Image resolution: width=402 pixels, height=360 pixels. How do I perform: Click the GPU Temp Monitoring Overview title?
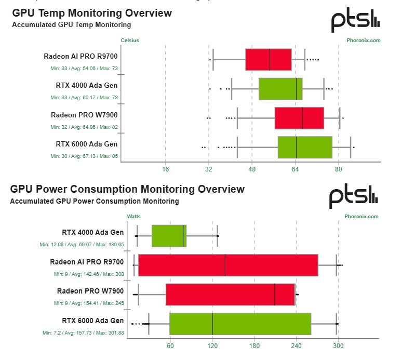click(x=91, y=13)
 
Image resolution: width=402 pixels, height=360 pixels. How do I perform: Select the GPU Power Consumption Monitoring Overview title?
click(x=127, y=189)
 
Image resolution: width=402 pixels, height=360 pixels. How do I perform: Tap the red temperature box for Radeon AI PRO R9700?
click(x=268, y=60)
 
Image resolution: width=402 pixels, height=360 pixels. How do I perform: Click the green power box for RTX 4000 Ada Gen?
click(x=169, y=236)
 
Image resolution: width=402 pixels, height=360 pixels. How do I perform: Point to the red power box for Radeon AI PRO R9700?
click(x=228, y=265)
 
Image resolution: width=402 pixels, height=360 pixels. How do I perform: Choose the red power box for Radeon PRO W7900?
click(x=230, y=294)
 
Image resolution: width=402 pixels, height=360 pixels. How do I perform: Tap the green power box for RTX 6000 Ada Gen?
click(x=240, y=324)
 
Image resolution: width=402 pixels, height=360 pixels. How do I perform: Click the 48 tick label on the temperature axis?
click(x=252, y=169)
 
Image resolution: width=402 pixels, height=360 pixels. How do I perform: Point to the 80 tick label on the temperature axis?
click(x=338, y=169)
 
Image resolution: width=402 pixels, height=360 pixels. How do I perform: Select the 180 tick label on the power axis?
click(x=254, y=346)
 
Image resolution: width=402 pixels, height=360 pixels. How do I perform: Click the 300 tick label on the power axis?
click(x=338, y=346)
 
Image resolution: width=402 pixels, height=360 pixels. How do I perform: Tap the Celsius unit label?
click(x=130, y=40)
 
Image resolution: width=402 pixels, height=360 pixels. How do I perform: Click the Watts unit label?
click(x=133, y=216)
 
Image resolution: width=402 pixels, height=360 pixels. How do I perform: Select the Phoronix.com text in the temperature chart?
click(x=364, y=40)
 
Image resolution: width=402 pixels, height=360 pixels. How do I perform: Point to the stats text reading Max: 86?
click(x=109, y=156)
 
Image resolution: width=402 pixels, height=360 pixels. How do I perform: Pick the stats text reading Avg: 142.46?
click(x=85, y=274)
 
